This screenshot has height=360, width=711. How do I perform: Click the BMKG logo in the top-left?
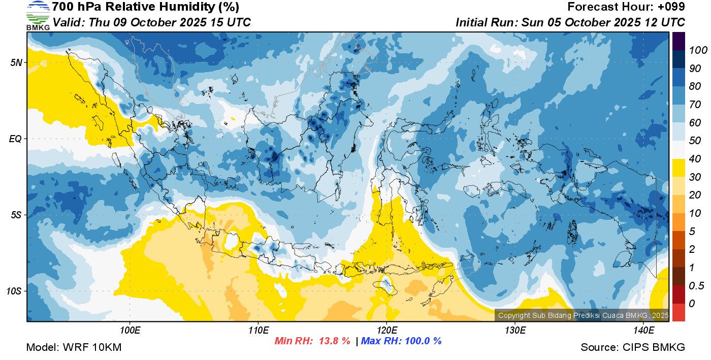38,16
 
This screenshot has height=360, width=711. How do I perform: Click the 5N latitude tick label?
16,62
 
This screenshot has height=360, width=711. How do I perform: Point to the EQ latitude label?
15,139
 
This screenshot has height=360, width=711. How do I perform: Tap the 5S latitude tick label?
16,215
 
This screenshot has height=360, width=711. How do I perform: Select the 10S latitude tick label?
14,291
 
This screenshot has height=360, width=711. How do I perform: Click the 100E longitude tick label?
130,331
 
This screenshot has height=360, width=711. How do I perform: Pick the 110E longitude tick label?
258,331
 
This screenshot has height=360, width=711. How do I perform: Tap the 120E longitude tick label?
387,331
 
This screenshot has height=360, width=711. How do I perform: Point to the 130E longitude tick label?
515,331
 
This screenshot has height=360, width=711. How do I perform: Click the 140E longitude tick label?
643,331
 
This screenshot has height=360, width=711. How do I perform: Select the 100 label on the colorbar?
698,50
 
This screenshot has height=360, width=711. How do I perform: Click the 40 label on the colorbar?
695,159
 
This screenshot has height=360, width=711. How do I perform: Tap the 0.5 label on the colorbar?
696,286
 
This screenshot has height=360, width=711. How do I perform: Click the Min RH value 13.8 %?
335,341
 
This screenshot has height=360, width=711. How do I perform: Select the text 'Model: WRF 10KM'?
74,347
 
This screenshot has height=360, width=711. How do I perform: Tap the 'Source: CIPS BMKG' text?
633,347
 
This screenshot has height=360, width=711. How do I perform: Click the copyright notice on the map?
583,315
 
